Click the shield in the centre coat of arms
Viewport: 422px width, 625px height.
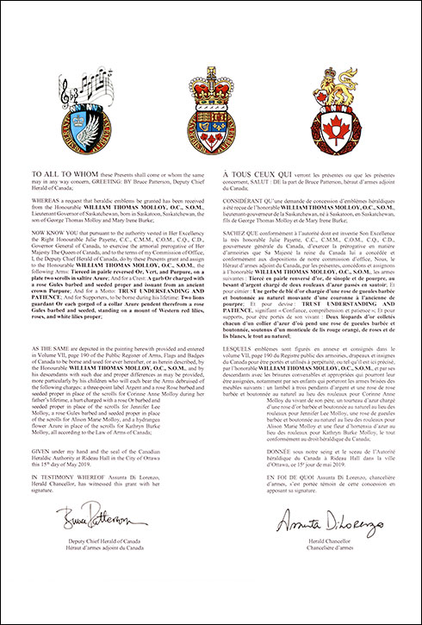coord(211,118)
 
